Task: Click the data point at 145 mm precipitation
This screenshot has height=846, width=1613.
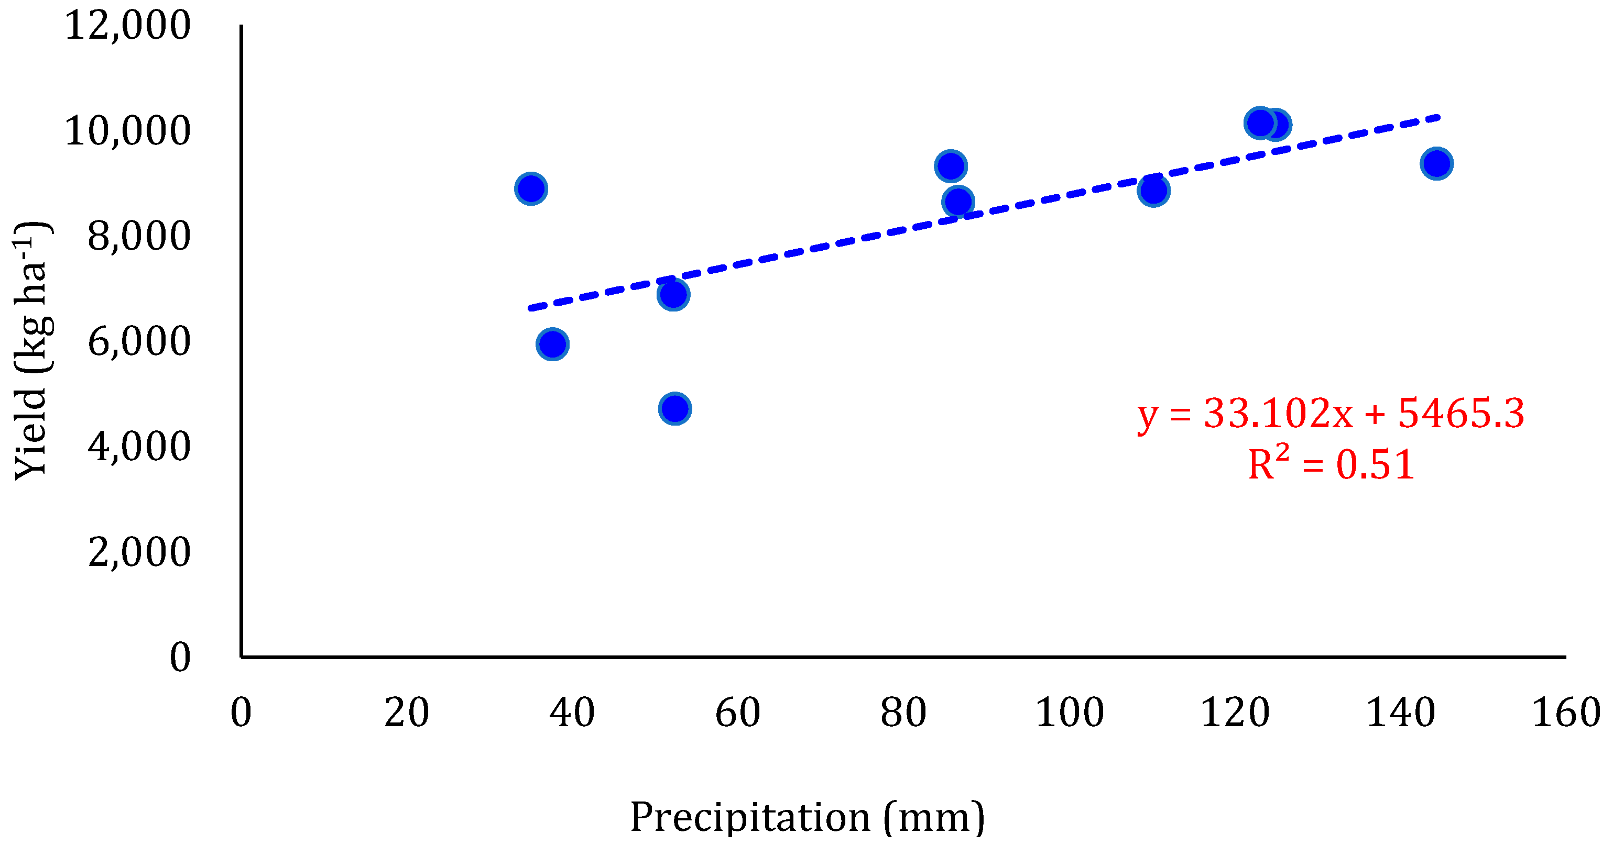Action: pyautogui.click(x=1436, y=164)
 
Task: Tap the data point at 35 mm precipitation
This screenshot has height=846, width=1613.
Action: pyautogui.click(x=531, y=188)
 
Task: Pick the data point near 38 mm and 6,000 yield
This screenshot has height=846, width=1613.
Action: pyautogui.click(x=552, y=343)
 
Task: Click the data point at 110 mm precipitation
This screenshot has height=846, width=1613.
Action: pyautogui.click(x=1153, y=190)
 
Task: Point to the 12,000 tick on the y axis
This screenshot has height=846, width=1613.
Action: pyautogui.click(x=128, y=26)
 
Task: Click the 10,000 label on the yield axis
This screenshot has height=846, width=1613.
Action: pyautogui.click(x=128, y=131)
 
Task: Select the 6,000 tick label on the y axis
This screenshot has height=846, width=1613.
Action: pyautogui.click(x=139, y=342)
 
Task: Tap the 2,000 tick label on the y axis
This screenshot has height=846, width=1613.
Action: pyautogui.click(x=139, y=552)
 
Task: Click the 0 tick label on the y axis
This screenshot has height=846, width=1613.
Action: pyautogui.click(x=180, y=658)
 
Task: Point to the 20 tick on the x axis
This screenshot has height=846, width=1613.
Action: pyautogui.click(x=406, y=713)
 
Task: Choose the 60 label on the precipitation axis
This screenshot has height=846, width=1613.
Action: pyautogui.click(x=738, y=713)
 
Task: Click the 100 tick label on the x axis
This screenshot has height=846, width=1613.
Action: pyautogui.click(x=1070, y=713)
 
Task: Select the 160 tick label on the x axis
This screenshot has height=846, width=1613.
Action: pyautogui.click(x=1565, y=713)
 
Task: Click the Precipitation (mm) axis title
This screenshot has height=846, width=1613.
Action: pyautogui.click(x=807, y=817)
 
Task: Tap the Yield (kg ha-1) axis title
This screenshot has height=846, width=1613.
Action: pyautogui.click(x=31, y=350)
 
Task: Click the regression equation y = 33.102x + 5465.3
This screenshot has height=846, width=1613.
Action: pyautogui.click(x=1331, y=414)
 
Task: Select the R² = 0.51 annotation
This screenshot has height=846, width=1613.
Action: pyautogui.click(x=1331, y=464)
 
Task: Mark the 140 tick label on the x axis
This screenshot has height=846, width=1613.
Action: pyautogui.click(x=1400, y=713)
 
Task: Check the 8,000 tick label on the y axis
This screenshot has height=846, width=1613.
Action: pyautogui.click(x=139, y=237)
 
